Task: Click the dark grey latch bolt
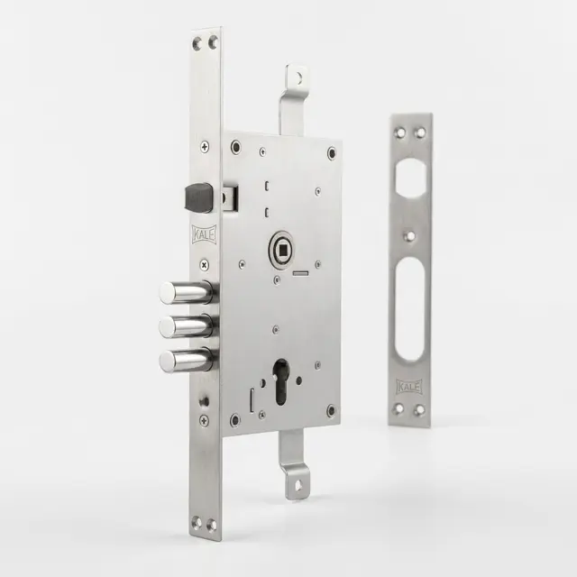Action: (x=198, y=197)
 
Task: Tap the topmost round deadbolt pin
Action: (x=187, y=292)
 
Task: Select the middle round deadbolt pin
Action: (x=187, y=326)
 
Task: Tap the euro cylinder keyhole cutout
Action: (x=281, y=381)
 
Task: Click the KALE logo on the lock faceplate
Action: (x=205, y=234)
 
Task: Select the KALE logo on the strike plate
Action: (x=409, y=387)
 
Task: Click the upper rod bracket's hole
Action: (x=299, y=78)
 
